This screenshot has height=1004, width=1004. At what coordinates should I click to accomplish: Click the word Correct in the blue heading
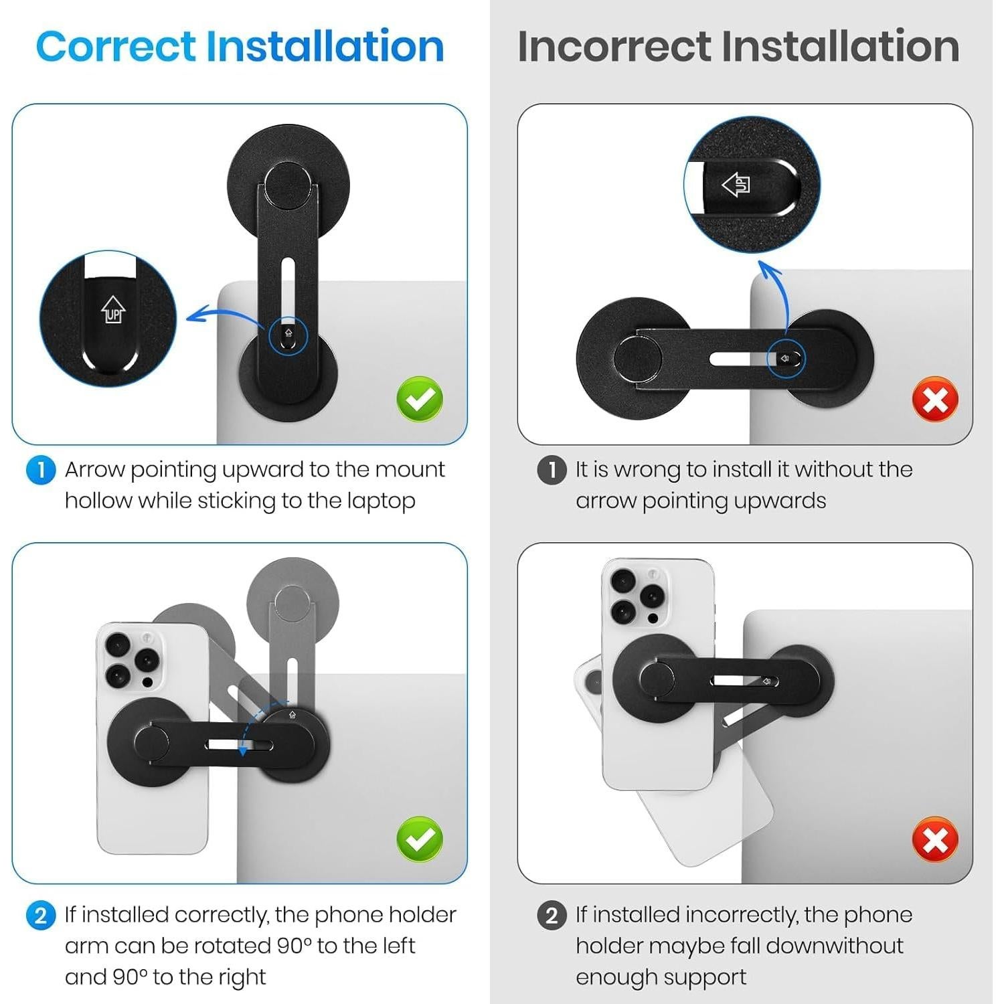click(115, 46)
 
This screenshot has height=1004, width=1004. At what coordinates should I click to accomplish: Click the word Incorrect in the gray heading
click(614, 46)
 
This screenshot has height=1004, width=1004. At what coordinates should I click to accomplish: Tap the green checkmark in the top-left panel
click(420, 400)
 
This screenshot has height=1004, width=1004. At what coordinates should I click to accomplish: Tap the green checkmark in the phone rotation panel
click(420, 839)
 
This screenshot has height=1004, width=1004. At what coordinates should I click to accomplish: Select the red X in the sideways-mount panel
click(935, 400)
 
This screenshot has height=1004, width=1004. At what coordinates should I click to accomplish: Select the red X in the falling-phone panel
click(935, 839)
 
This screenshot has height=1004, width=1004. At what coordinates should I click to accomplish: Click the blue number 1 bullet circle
click(40, 470)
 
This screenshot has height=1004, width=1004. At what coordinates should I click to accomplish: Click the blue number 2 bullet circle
click(40, 915)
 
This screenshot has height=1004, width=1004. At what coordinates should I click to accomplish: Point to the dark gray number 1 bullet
click(552, 470)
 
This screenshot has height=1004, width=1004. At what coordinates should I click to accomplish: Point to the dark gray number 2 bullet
click(552, 915)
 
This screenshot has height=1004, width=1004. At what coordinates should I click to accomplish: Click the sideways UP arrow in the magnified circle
click(736, 184)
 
